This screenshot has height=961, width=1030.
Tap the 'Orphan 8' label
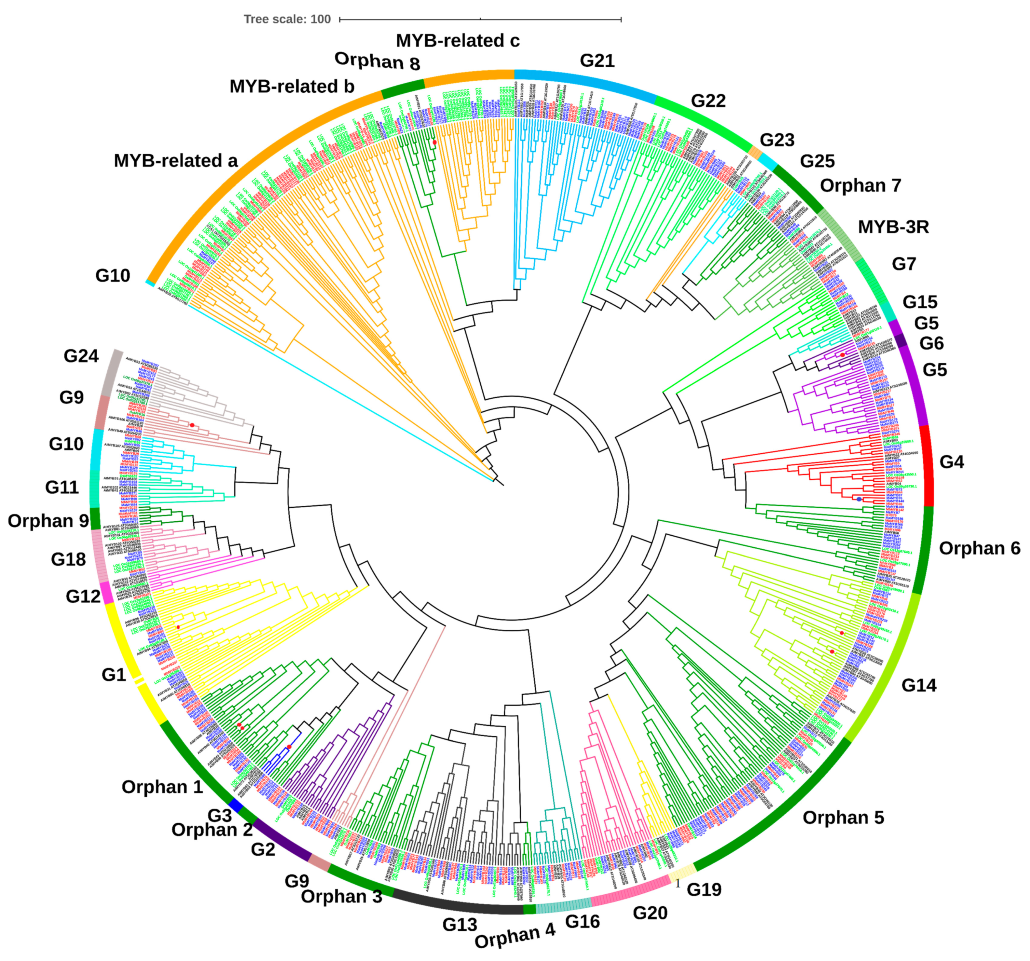pyautogui.click(x=377, y=61)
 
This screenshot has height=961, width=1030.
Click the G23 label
pyautogui.click(x=777, y=140)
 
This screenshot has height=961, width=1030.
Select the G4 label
pyautogui.click(x=952, y=461)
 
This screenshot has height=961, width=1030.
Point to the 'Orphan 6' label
pyautogui.click(x=979, y=548)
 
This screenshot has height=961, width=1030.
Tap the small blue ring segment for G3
pyautogui.click(x=236, y=805)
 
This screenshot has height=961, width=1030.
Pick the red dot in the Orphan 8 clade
pyautogui.click(x=435, y=142)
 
